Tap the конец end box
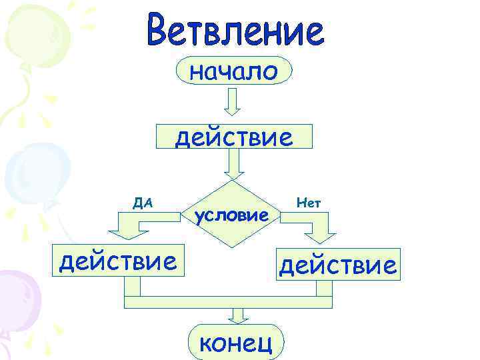[x=235, y=341]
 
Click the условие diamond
[x=232, y=214]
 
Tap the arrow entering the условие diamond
[x=233, y=164]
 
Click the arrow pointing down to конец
[x=236, y=316]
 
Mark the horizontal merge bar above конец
[x=228, y=302]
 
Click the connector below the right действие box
[x=324, y=288]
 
